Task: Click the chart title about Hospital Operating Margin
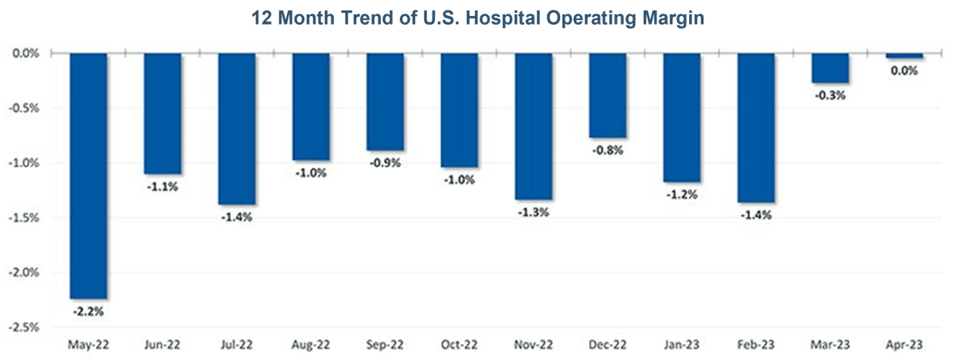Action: click(478, 18)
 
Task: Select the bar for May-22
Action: click(88, 175)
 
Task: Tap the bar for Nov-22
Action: click(534, 126)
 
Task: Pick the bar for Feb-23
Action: click(755, 128)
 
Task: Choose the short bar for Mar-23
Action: click(830, 68)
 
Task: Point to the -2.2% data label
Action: click(88, 311)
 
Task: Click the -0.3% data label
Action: click(829, 95)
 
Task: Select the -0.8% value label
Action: click(608, 150)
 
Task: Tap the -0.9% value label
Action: click(386, 162)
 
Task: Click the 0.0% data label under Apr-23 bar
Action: click(904, 70)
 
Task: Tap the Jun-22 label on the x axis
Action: click(163, 345)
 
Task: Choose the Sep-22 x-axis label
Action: click(386, 345)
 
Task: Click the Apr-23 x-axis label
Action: click(904, 345)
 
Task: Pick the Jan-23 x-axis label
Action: click(682, 345)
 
